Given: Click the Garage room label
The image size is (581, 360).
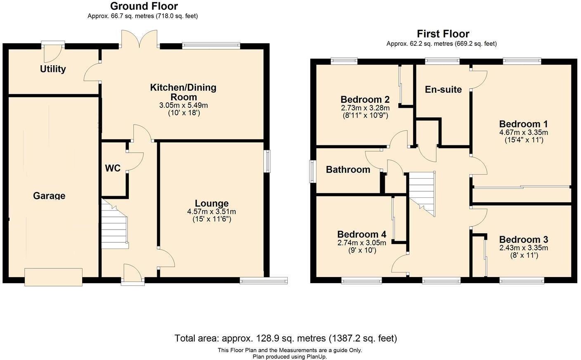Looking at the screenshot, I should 49,196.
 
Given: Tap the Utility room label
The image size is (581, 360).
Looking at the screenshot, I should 53,69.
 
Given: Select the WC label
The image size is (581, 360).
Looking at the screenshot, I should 113,168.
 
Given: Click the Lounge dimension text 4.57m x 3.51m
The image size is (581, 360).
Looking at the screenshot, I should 211,211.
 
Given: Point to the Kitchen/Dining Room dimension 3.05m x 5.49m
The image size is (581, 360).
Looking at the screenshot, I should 183,105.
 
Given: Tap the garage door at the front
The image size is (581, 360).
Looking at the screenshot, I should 53,277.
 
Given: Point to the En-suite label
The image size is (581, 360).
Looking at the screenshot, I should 443,90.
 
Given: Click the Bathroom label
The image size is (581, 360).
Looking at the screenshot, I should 348,170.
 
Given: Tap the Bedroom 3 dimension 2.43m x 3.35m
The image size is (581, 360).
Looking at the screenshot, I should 523,248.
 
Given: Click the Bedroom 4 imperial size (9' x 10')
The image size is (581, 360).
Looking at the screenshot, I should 361,250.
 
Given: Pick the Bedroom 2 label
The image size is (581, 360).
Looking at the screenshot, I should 365,99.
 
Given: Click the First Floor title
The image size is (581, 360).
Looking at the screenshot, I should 443,34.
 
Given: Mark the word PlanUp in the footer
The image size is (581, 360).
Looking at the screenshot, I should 316,357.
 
